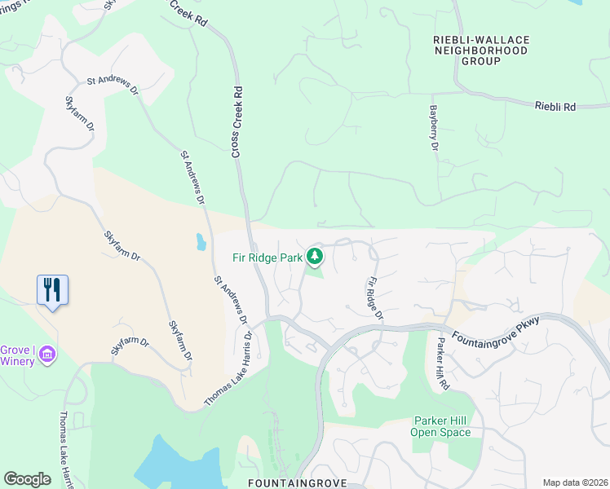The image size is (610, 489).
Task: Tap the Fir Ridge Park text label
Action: coord(267,258)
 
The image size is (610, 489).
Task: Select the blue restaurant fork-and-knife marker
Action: coord(52,290)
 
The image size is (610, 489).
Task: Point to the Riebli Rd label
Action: coord(555,107)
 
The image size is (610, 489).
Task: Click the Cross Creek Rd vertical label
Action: coord(236,122)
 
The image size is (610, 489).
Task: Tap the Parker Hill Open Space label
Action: coord(440,427)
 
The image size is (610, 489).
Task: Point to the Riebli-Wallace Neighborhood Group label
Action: coord(481,50)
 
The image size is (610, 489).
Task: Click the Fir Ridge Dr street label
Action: coord(374,297)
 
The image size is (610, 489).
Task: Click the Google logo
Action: coord(27,479)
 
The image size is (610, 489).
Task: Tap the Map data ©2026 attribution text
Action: coord(575,482)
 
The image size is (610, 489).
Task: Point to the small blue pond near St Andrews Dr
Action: coord(201,242)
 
